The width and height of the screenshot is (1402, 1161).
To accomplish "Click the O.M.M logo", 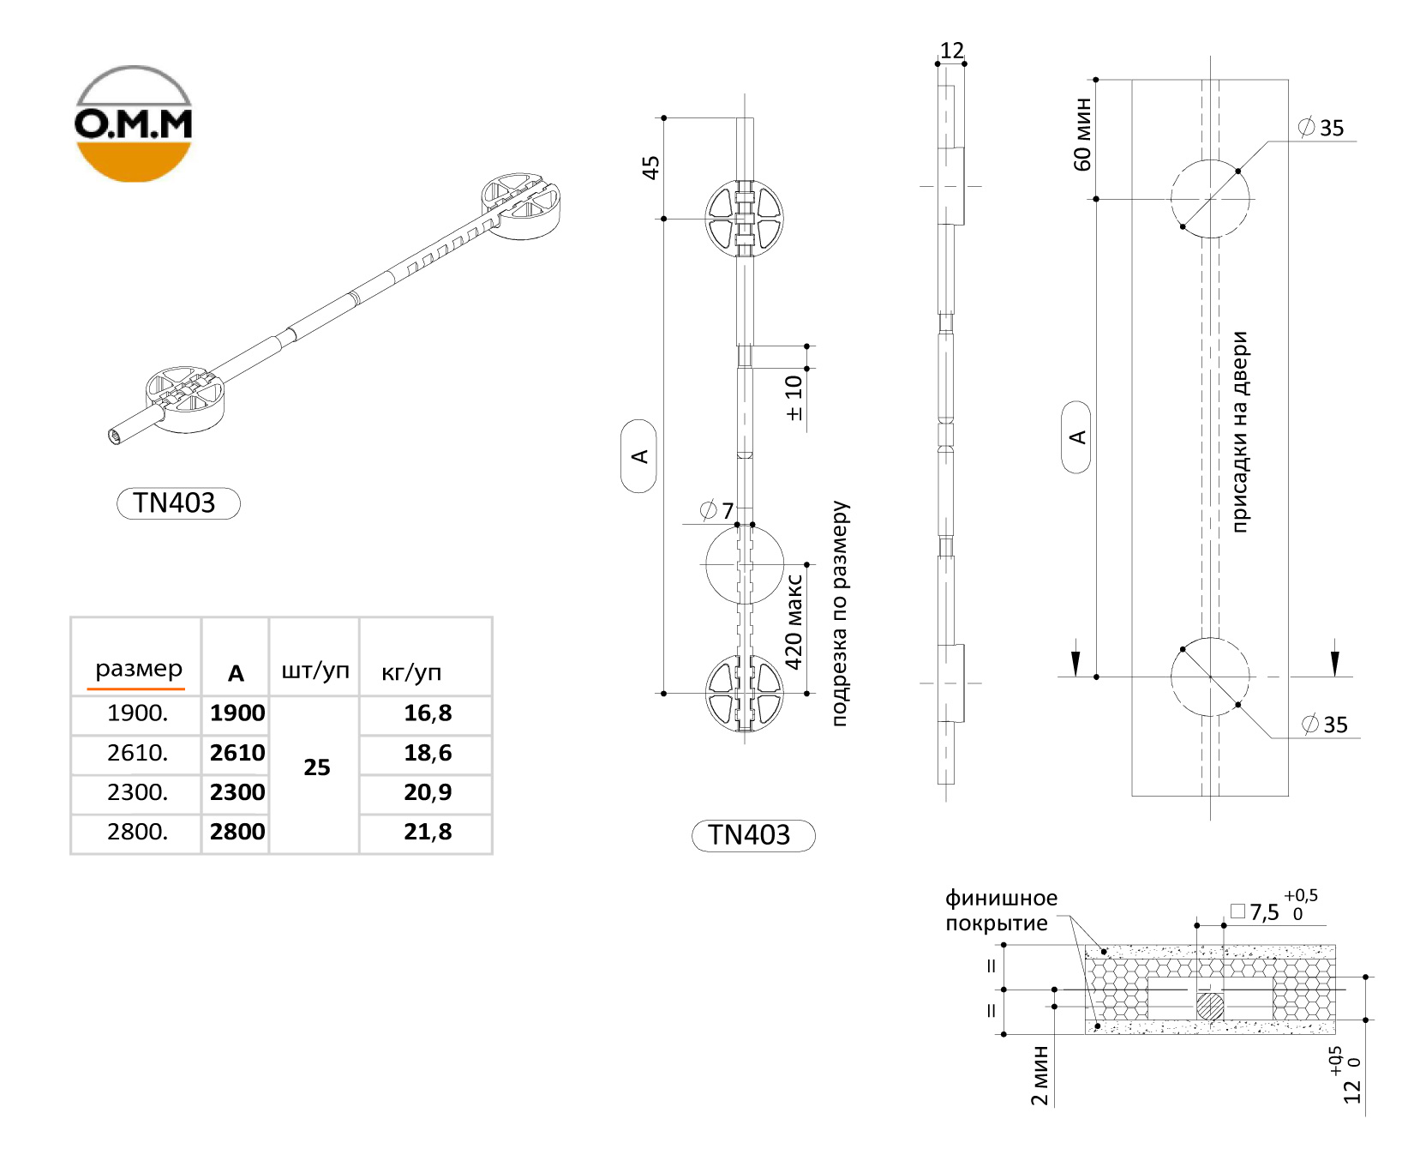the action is tap(133, 123).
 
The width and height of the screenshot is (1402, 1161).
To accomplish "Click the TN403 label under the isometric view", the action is tap(177, 502).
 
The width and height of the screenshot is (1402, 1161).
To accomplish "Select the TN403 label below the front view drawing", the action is tap(752, 835).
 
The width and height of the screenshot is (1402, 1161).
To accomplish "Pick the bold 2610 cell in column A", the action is tap(237, 753).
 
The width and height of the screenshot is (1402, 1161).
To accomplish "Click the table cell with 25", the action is tap(317, 767).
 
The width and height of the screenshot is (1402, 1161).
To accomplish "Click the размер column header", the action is tap(139, 669).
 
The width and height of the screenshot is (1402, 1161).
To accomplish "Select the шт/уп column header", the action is tap(315, 671).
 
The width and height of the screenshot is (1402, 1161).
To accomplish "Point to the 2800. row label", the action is tap(137, 832).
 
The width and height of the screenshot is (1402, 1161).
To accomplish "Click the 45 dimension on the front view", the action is tap(651, 167).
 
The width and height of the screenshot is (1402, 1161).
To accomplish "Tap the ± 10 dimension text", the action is tap(794, 398).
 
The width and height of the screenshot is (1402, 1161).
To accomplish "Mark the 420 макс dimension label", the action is tap(794, 622).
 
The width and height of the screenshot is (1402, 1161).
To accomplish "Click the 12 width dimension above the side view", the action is tap(952, 51).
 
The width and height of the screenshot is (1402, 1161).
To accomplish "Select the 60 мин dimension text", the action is tap(1082, 134).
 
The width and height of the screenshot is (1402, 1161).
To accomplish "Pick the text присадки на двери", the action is tap(1240, 432).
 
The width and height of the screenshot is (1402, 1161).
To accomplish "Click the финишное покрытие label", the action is tap(1001, 911).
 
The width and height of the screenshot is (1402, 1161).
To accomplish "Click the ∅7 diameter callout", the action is tap(717, 511).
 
